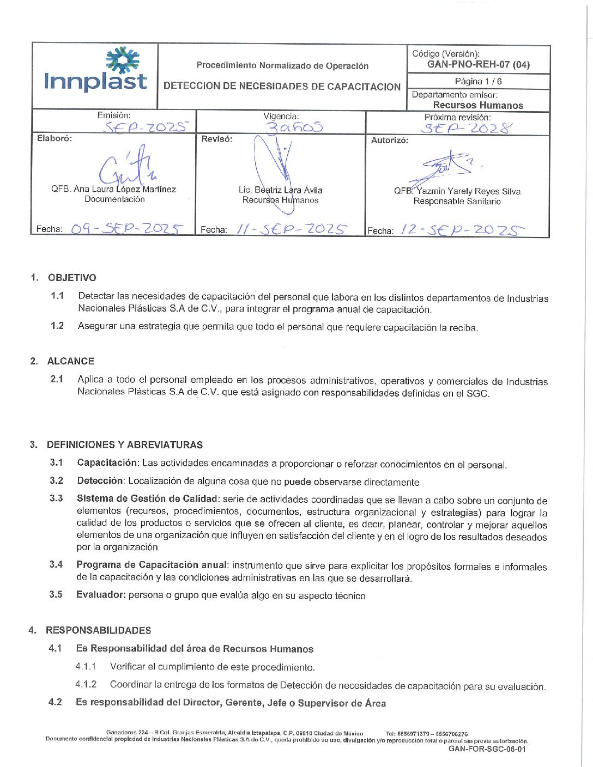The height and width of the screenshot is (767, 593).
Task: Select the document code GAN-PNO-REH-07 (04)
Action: (x=478, y=64)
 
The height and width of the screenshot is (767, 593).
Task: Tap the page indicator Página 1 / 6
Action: (x=478, y=81)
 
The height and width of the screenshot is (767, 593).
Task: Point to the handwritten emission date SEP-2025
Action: (x=146, y=127)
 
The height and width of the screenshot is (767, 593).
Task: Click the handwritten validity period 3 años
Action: (x=294, y=127)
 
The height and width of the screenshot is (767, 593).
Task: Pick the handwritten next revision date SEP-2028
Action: (x=467, y=128)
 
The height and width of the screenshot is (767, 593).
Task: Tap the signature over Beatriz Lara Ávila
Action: (x=275, y=163)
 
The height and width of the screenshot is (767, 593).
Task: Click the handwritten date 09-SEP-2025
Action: (x=126, y=228)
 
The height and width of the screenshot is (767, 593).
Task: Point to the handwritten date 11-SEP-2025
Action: (x=291, y=229)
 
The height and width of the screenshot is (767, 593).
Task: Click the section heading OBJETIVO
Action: (x=72, y=278)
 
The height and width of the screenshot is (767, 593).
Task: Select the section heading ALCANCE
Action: (x=71, y=361)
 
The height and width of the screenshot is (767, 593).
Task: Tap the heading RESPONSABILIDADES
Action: (x=99, y=630)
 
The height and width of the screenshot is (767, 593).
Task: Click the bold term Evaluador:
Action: (x=101, y=594)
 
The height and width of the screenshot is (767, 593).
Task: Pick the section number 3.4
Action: (x=56, y=564)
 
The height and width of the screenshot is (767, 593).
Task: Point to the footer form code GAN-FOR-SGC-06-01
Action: (x=487, y=749)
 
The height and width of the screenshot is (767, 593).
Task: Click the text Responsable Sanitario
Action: (x=457, y=202)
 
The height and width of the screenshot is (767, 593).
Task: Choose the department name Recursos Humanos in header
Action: (x=478, y=105)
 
